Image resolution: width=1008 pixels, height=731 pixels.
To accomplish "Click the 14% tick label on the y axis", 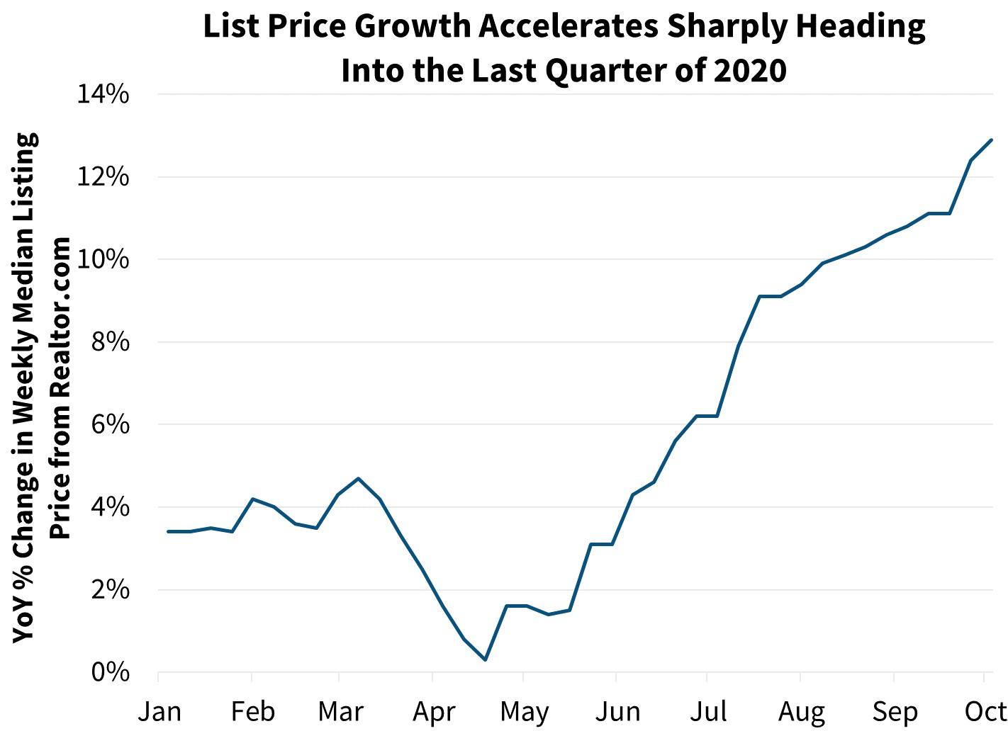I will (x=103, y=94).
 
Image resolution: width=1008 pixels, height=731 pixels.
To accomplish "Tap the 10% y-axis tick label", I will (x=103, y=259).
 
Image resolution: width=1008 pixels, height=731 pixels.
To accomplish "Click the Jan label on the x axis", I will (x=159, y=711).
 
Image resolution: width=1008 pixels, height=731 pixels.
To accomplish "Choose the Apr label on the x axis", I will (x=433, y=711).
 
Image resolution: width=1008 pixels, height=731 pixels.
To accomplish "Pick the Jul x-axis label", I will (x=707, y=711).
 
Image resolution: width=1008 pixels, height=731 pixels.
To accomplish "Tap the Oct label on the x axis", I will (x=986, y=711).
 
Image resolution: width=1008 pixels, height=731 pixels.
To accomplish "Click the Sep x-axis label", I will (x=895, y=711).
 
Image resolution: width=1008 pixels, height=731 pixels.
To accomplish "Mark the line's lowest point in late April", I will (x=485, y=660).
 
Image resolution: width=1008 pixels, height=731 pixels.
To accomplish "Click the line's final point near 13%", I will (x=992, y=140).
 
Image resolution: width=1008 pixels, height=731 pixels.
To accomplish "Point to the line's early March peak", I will (x=359, y=478).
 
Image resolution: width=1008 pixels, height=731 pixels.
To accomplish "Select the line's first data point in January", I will (x=168, y=531).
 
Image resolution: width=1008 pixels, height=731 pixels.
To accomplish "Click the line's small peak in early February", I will (x=253, y=499).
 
